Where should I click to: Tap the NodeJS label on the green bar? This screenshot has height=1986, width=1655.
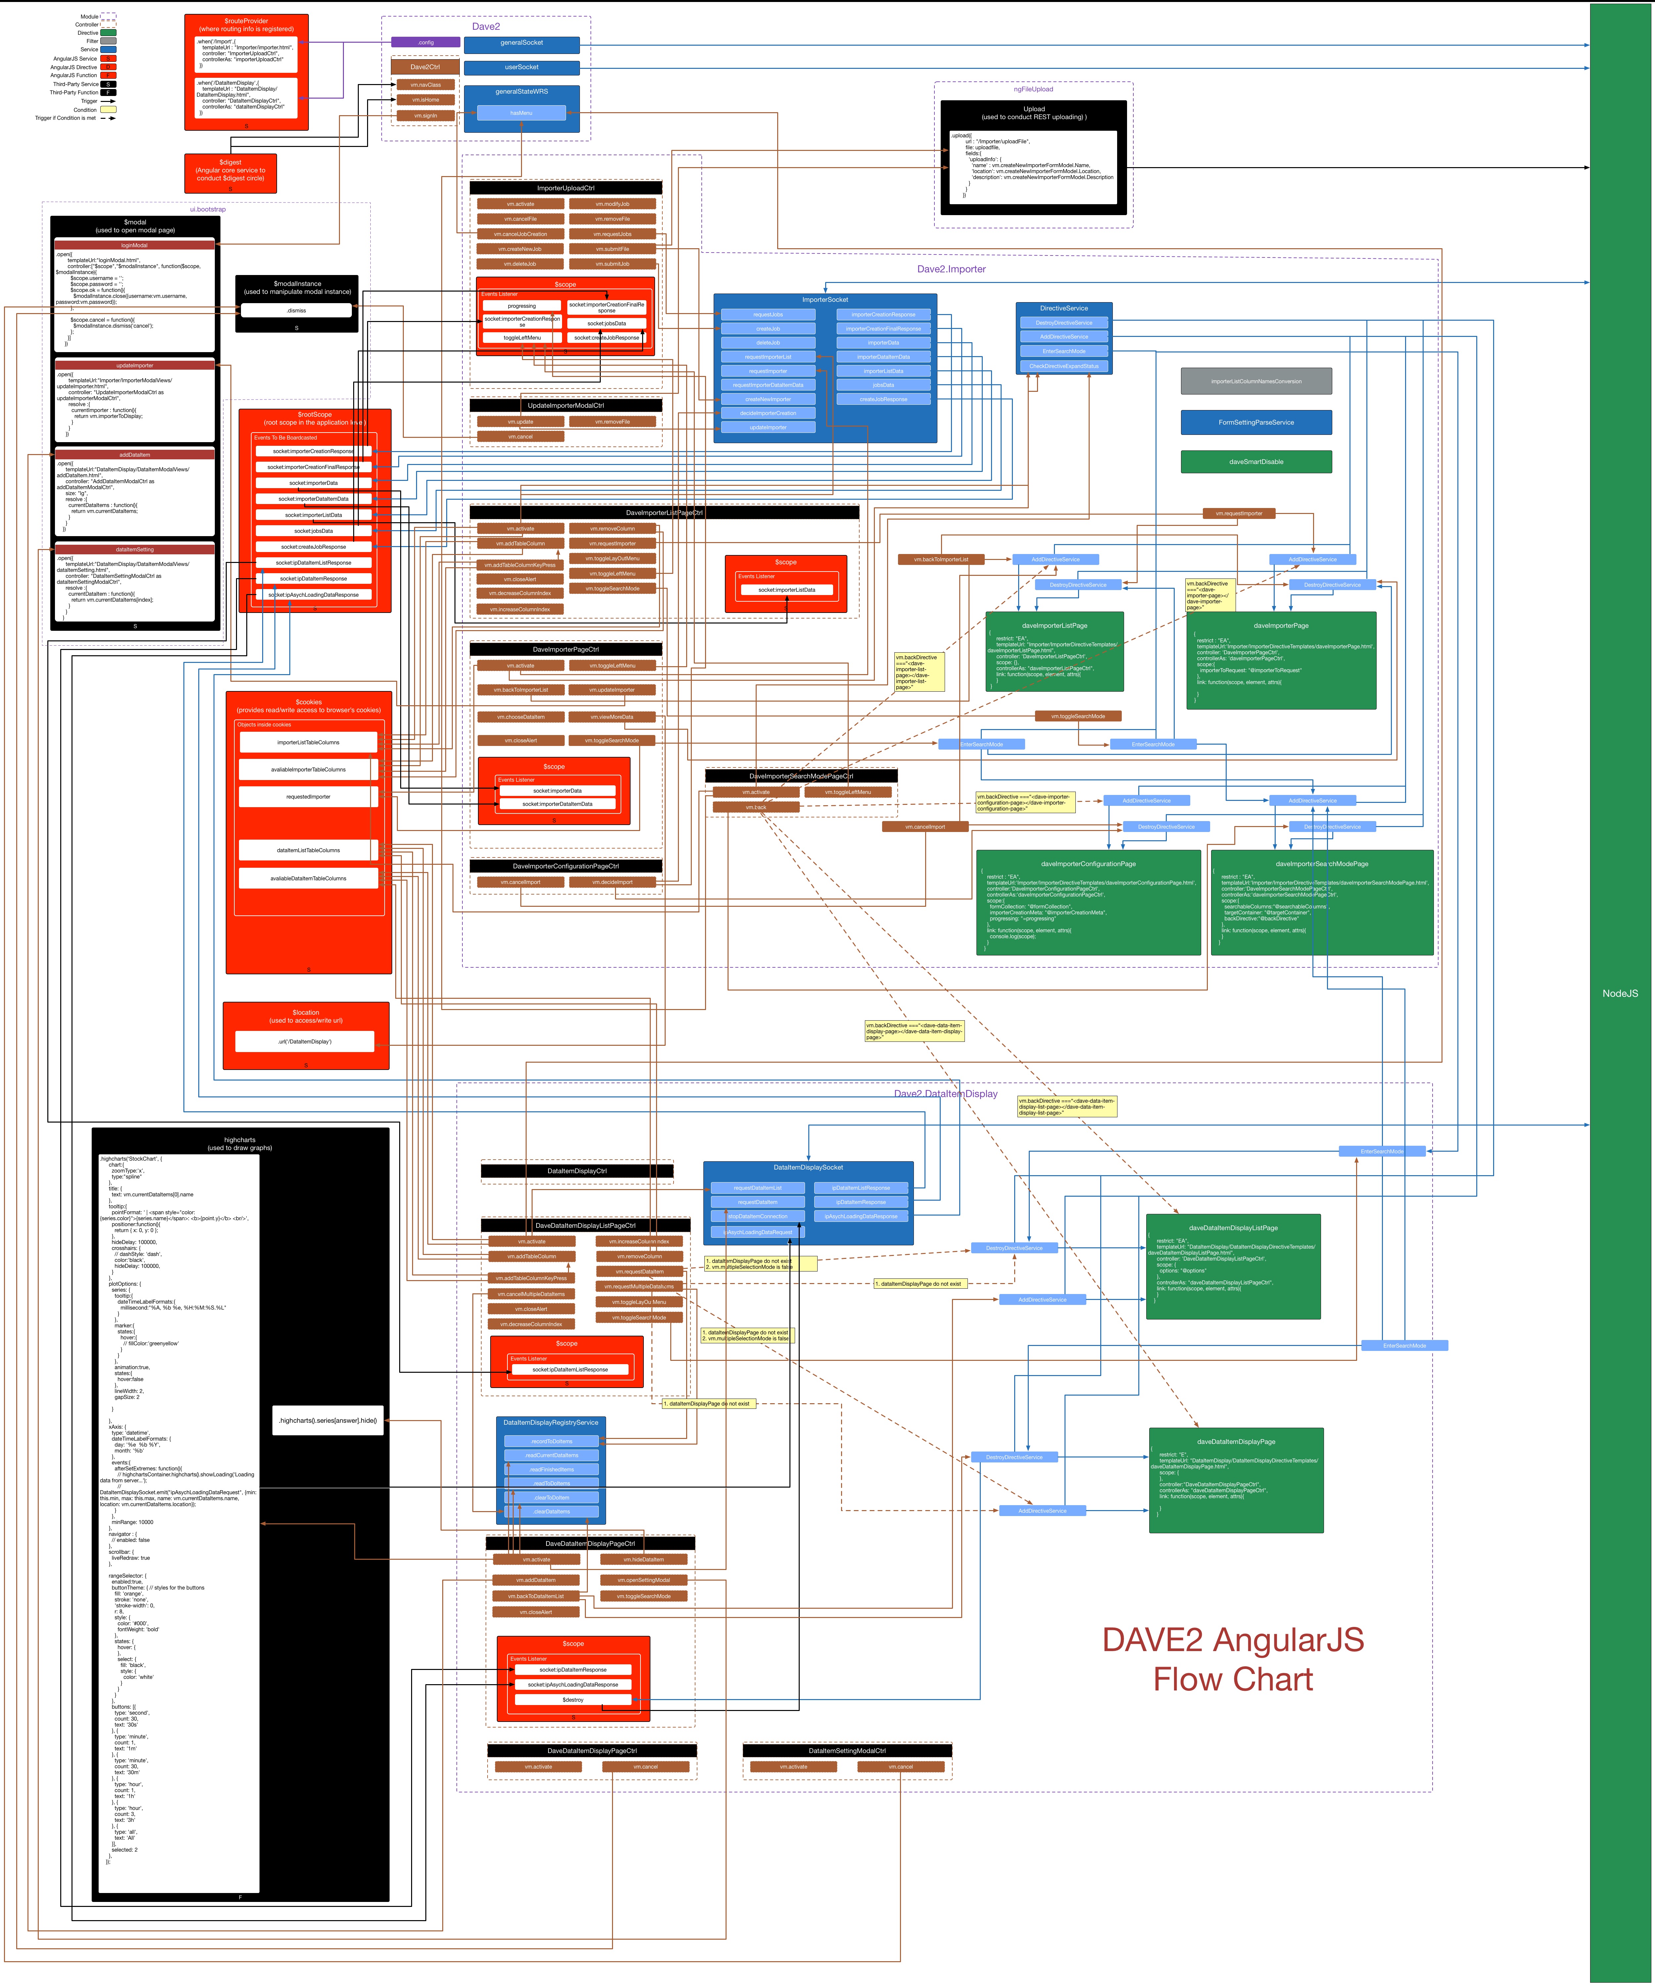pyautogui.click(x=1619, y=993)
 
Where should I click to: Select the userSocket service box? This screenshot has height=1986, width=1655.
pyautogui.click(x=521, y=67)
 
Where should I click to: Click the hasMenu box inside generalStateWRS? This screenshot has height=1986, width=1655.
pyautogui.click(x=521, y=113)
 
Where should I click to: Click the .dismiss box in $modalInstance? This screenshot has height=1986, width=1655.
pyautogui.click(x=296, y=310)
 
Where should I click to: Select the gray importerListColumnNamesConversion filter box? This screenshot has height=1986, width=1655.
pyautogui.click(x=1256, y=381)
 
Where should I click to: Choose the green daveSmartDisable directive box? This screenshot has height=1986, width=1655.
pyautogui.click(x=1256, y=462)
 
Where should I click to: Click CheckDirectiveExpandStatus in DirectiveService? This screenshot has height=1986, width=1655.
pyautogui.click(x=1064, y=366)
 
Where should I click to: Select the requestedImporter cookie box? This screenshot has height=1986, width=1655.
pyautogui.click(x=308, y=796)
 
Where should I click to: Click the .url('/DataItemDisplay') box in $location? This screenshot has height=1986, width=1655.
pyautogui.click(x=305, y=1041)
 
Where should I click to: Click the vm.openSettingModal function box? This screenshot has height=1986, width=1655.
pyautogui.click(x=643, y=1579)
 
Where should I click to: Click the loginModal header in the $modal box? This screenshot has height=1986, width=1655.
pyautogui.click(x=134, y=245)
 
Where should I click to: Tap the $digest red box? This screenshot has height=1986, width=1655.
pyautogui.click(x=231, y=171)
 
